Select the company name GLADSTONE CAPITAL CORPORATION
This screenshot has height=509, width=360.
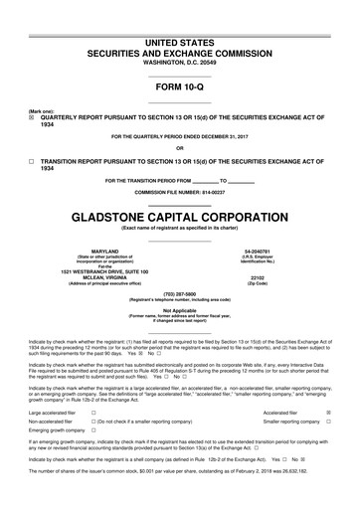[179, 215]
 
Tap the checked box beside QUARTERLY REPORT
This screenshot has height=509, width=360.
[31, 116]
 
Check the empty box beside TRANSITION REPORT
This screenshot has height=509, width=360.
[31, 160]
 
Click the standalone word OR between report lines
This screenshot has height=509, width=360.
[179, 147]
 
